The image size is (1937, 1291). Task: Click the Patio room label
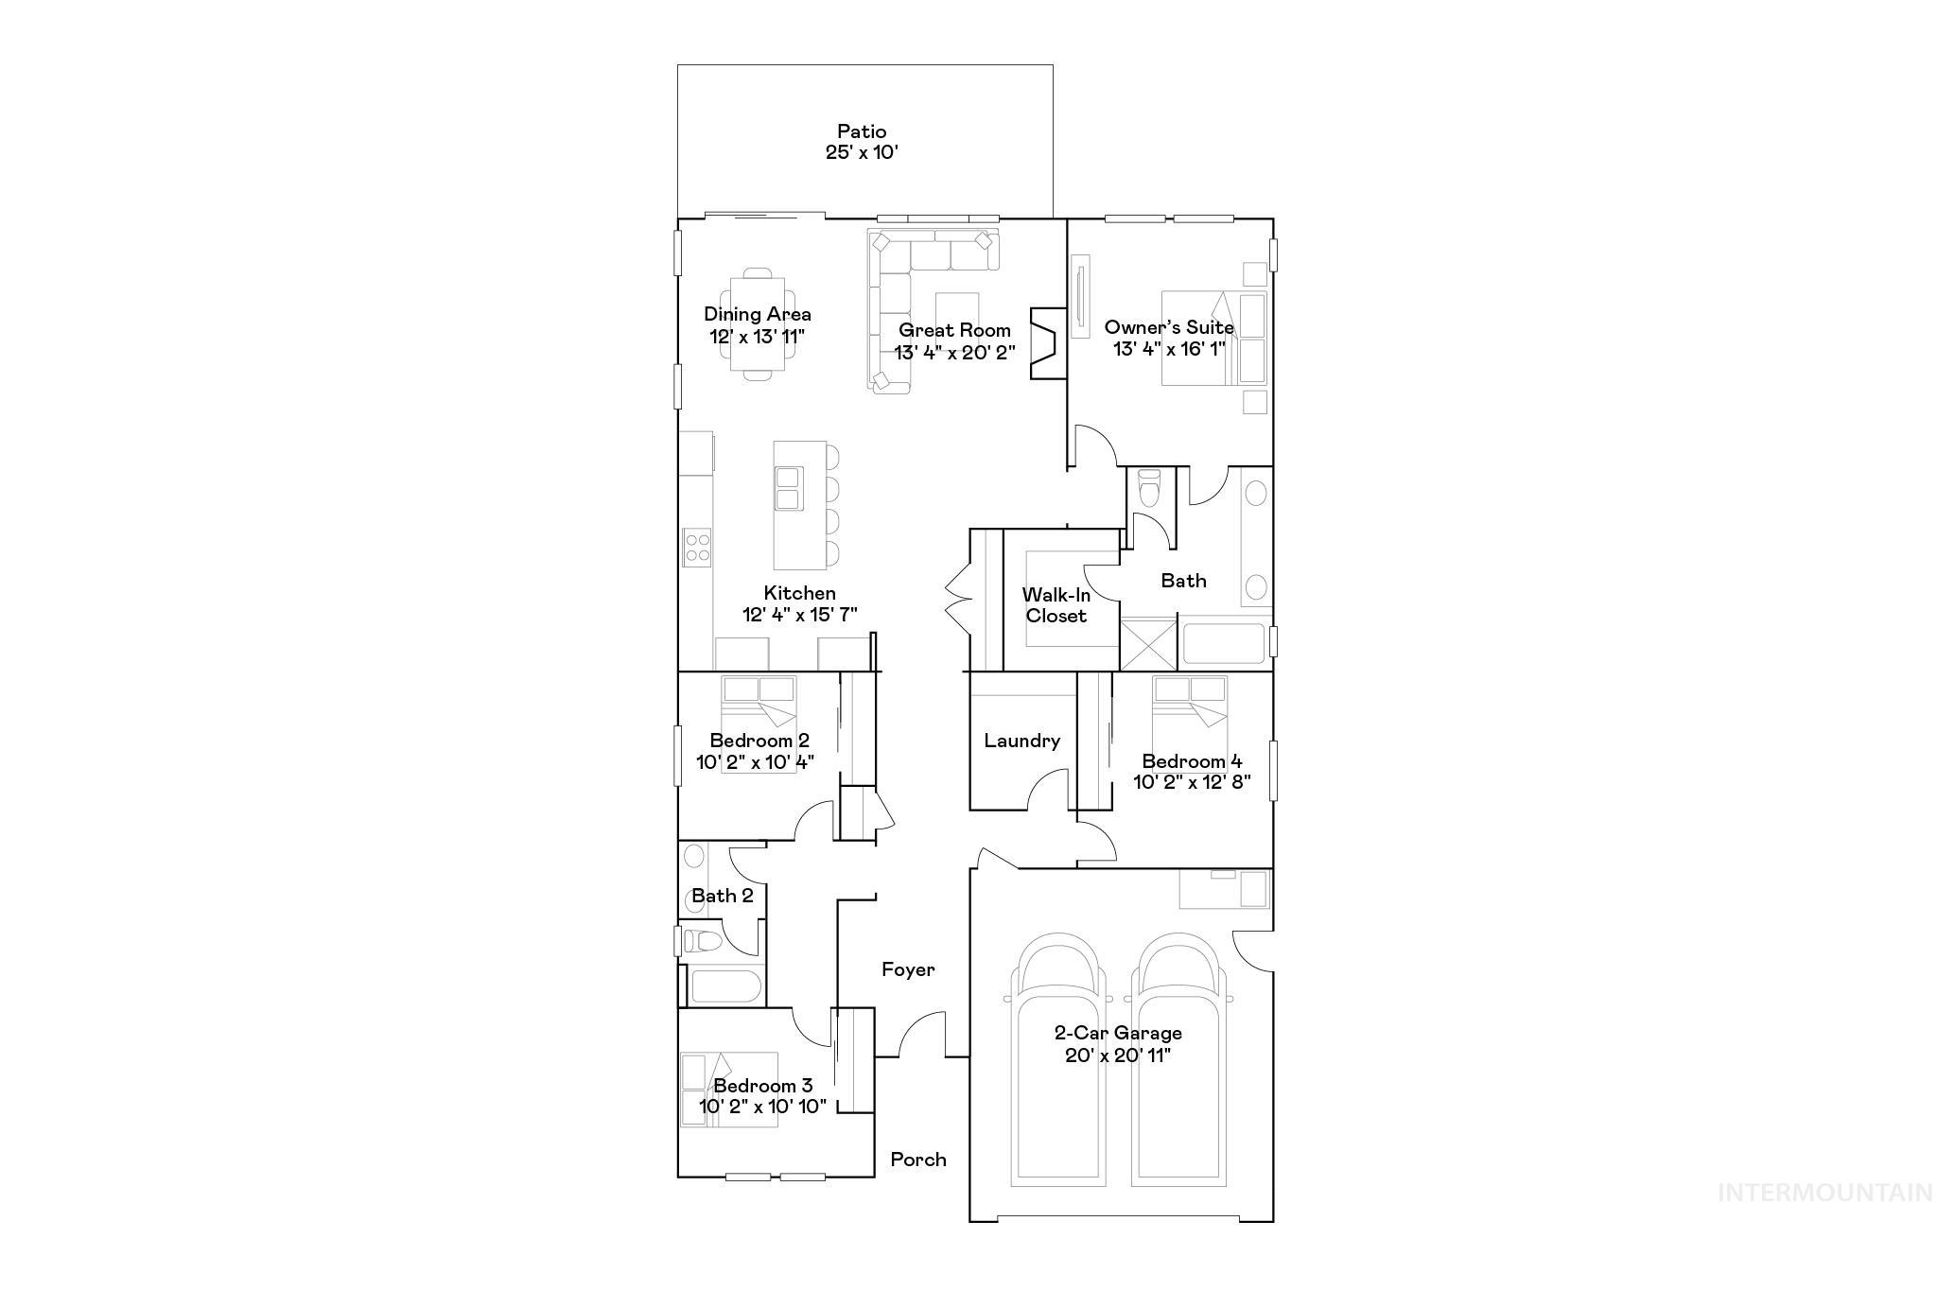tap(861, 131)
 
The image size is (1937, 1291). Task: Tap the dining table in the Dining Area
tap(757, 324)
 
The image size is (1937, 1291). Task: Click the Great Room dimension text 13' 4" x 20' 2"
tap(954, 352)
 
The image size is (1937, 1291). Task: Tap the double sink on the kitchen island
tap(787, 489)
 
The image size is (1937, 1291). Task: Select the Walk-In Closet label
tap(1056, 605)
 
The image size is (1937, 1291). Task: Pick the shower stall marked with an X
tap(1147, 643)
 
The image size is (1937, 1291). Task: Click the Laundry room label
tap(1021, 741)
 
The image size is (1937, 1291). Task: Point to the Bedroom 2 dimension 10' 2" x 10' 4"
tap(755, 761)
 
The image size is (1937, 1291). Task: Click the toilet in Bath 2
tap(701, 941)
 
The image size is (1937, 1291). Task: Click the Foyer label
tap(908, 969)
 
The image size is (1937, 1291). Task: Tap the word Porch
tap(917, 1160)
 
